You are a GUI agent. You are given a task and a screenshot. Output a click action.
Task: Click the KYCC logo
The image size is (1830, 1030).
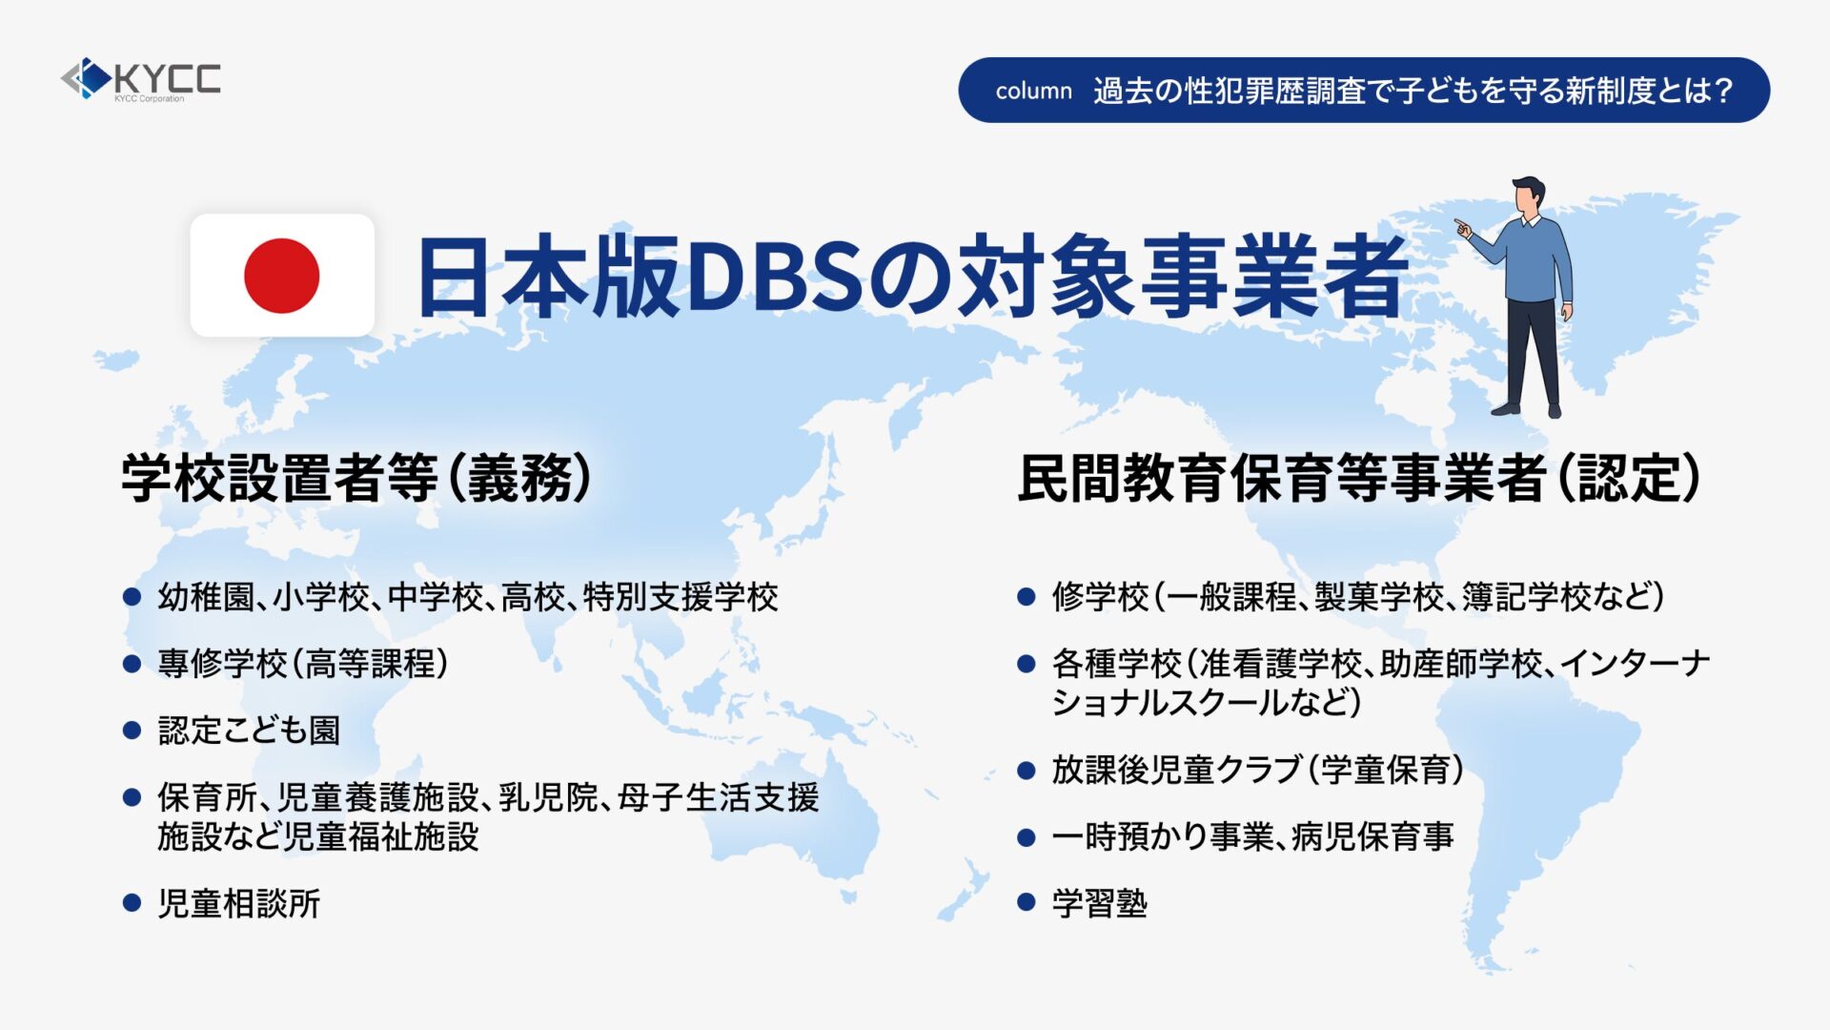coord(140,79)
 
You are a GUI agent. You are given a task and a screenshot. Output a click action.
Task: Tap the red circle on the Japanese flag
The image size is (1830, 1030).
coord(281,276)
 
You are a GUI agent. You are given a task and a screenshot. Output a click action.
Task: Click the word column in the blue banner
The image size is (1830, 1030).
coord(1033,91)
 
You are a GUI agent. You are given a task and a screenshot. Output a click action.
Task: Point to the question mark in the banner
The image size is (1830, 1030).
coord(1722,91)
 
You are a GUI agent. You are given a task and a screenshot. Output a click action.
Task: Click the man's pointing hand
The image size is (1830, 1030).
coord(1462,228)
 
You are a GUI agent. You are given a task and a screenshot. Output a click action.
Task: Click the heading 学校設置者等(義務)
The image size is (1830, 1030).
coord(356,478)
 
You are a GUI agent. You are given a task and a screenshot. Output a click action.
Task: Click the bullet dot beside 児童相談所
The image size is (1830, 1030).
coord(132,902)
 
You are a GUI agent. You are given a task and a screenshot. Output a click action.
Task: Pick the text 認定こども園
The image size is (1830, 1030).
coord(249,731)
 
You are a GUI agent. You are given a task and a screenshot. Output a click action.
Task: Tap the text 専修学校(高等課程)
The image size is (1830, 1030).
coord(303,664)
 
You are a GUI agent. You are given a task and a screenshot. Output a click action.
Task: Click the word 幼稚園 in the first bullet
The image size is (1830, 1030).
coord(206,597)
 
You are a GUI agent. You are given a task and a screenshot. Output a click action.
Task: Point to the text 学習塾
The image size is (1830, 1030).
coord(1100,902)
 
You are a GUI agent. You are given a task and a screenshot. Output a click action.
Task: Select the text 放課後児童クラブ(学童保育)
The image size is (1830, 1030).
coord(1258,769)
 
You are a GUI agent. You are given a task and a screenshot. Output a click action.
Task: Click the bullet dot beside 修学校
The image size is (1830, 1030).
coord(1027,597)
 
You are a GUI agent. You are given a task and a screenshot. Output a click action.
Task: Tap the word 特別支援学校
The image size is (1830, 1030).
coord(681,597)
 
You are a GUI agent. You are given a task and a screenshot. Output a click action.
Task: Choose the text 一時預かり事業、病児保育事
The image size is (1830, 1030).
coord(1252,836)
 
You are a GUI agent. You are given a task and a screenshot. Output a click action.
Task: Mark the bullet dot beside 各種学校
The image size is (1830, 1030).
coord(1027,664)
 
